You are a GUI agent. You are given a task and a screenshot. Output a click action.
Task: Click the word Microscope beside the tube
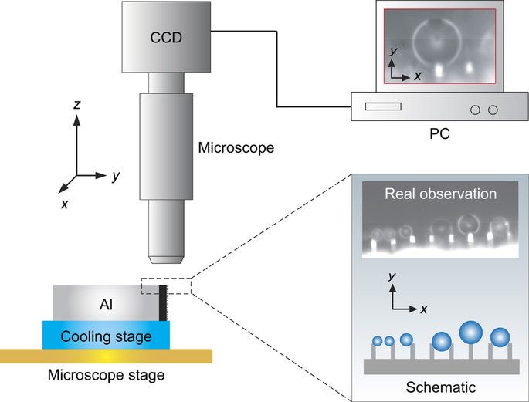(236, 147)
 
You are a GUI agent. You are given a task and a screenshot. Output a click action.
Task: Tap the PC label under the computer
(439, 133)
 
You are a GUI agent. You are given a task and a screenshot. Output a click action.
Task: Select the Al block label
(107, 305)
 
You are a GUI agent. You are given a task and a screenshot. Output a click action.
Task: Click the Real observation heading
(439, 194)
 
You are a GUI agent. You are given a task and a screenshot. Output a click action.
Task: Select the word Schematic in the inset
(439, 387)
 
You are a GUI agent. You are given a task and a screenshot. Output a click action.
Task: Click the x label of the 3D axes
(65, 204)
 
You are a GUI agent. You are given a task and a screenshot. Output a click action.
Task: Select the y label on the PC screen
(394, 52)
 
